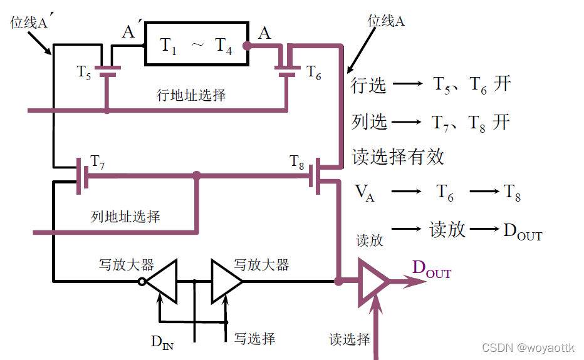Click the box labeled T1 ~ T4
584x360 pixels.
(197, 44)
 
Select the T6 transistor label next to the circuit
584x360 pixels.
(314, 73)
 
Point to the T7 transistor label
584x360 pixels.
(97, 161)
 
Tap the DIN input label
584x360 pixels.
(162, 342)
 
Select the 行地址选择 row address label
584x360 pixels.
(190, 95)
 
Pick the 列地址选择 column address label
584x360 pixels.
(125, 217)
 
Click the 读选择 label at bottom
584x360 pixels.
(349, 340)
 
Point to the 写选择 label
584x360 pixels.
(254, 339)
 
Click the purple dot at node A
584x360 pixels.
(247, 46)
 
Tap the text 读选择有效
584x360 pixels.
(398, 157)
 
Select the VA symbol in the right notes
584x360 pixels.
(365, 193)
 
